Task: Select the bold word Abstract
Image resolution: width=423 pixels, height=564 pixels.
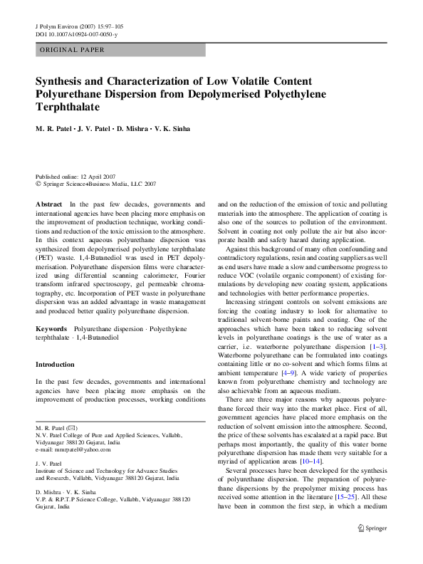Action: pyautogui.click(x=49, y=204)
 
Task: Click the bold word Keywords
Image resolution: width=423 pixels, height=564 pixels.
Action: pyautogui.click(x=51, y=330)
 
